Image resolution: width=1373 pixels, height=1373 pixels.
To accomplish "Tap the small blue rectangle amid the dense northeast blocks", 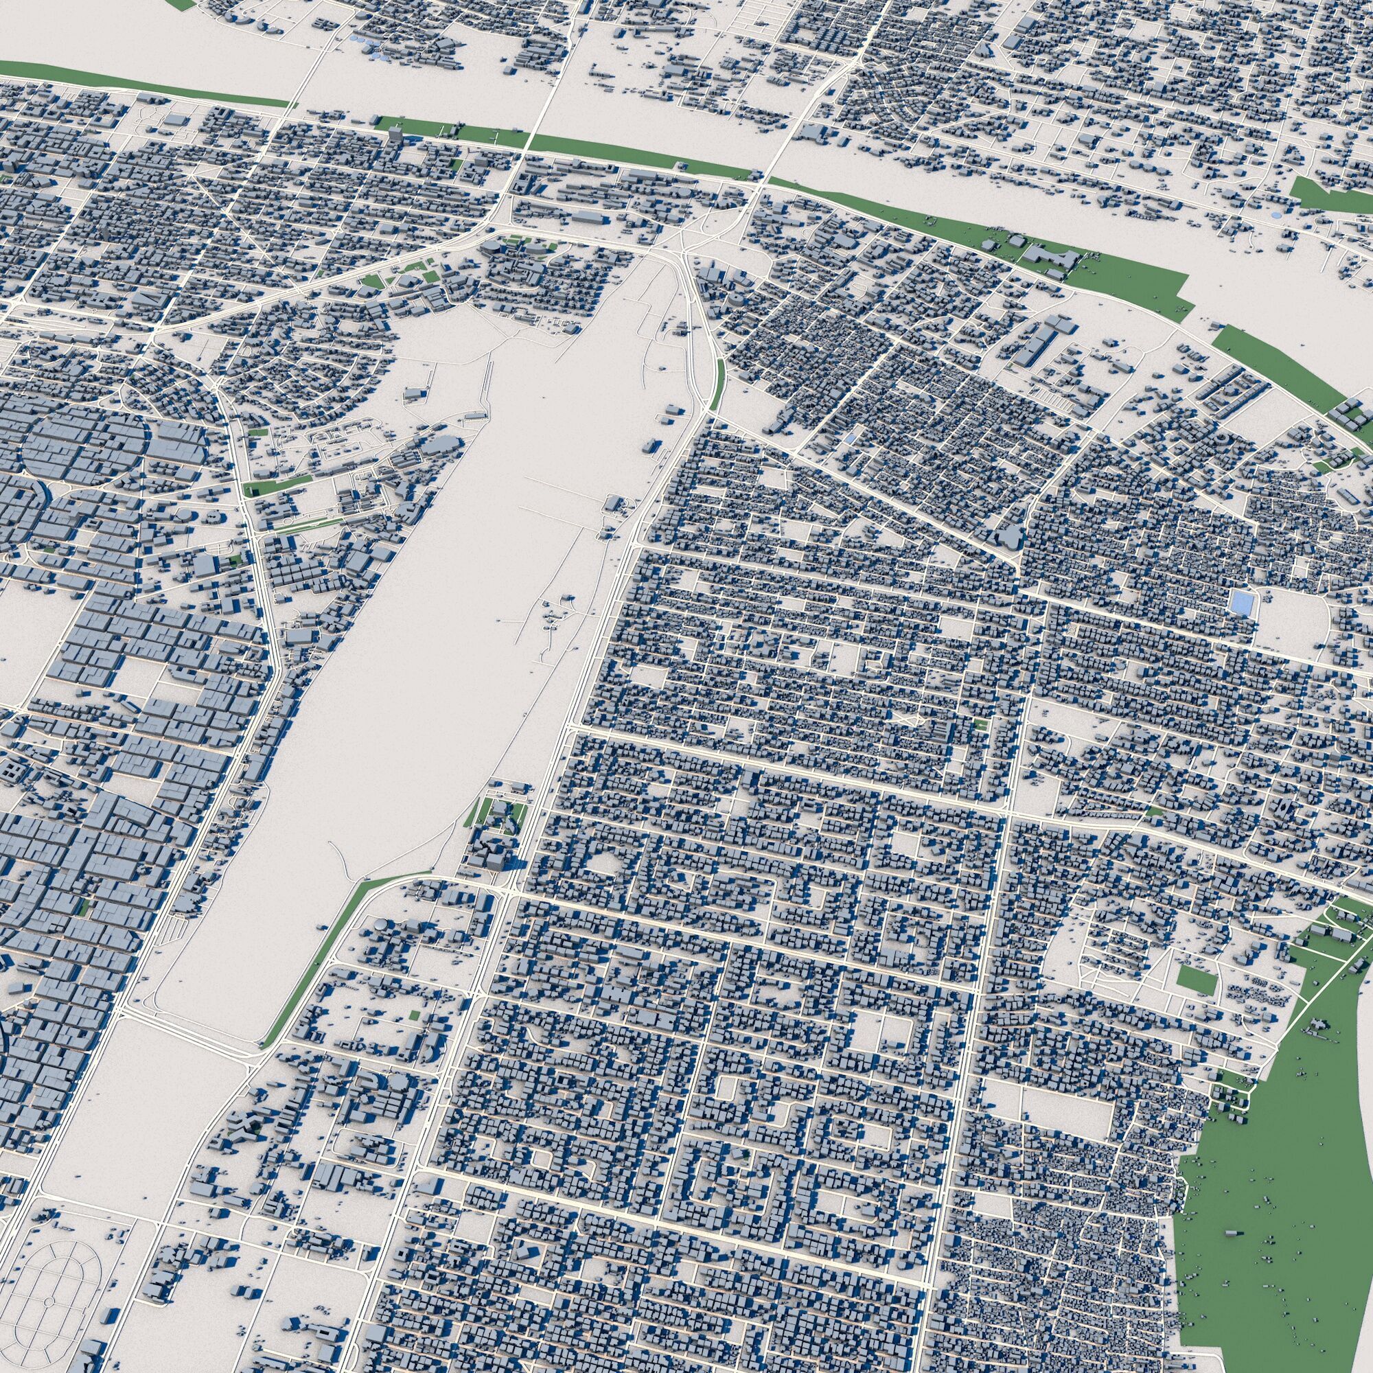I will (x=851, y=440).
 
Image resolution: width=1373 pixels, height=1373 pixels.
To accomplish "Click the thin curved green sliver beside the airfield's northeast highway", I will (x=719, y=384).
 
